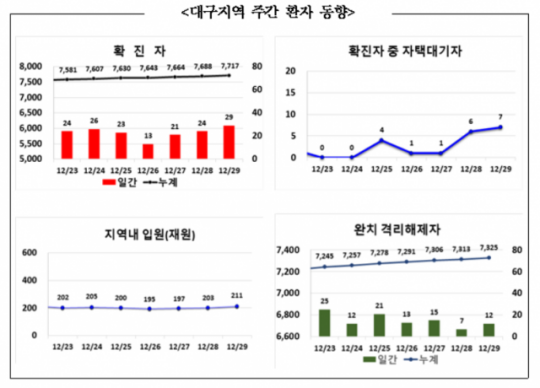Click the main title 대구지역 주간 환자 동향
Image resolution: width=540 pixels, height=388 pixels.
(x=269, y=12)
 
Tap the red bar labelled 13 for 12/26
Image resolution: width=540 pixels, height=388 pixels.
(x=149, y=151)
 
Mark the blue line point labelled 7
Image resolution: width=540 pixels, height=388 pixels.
(x=500, y=127)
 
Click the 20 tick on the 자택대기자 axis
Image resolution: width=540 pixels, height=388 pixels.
(x=290, y=71)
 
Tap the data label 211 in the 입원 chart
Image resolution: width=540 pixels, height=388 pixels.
(x=236, y=296)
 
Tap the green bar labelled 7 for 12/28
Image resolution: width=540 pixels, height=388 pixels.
(x=461, y=332)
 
